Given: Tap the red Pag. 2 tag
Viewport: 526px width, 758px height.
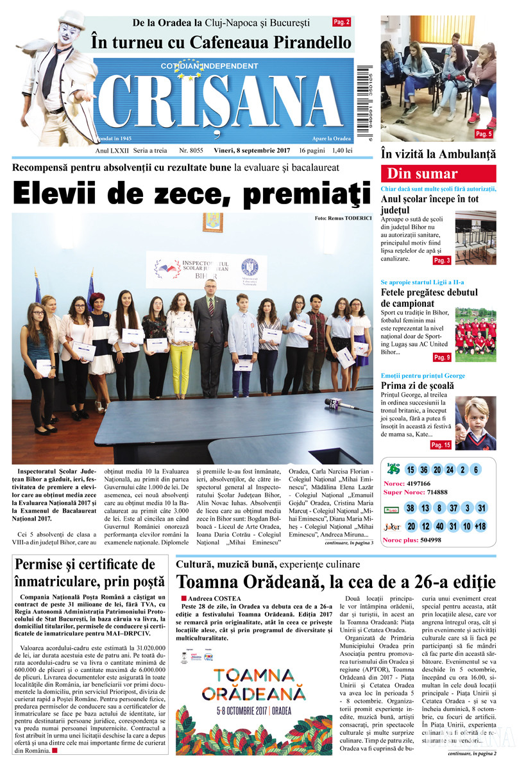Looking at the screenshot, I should coord(341,22).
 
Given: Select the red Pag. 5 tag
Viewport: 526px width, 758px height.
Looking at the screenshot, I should coord(484,134).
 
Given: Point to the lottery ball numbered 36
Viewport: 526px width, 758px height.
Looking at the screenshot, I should coord(423,469).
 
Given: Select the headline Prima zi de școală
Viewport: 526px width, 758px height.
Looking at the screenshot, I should coord(417,386).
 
